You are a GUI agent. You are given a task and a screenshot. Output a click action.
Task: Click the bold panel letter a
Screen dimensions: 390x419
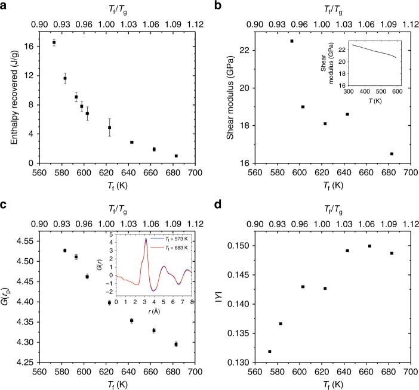[4, 5]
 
